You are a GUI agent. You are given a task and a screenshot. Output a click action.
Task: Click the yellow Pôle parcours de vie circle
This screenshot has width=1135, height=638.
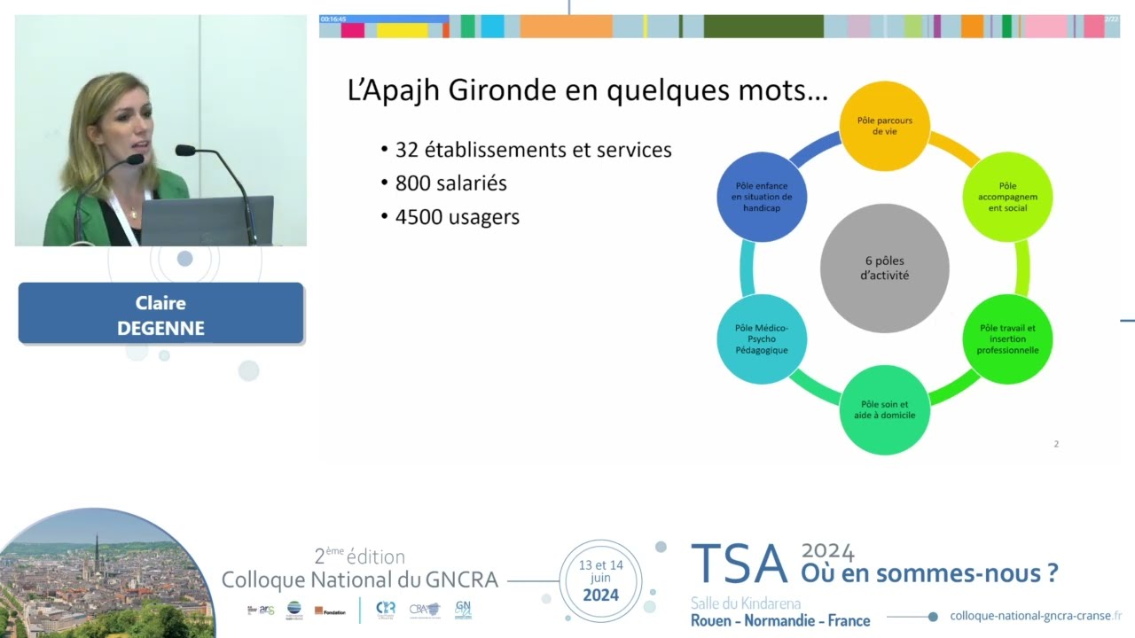coord(884,125)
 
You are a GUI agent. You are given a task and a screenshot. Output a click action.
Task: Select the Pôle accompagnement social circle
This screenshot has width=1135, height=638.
coord(1007,197)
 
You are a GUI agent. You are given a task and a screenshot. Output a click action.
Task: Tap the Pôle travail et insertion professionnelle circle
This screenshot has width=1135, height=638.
coord(1007,339)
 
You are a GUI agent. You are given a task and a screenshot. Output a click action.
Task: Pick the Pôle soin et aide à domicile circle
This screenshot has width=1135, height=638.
coord(884,410)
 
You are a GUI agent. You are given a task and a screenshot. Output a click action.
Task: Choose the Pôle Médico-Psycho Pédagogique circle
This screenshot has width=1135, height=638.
coord(762,339)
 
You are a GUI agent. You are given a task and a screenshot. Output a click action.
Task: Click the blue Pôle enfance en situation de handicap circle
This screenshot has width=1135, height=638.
coord(762,197)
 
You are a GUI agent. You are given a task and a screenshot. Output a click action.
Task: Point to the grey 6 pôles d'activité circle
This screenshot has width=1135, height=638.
coord(884,268)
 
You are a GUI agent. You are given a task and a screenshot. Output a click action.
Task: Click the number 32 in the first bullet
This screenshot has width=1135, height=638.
coord(407,150)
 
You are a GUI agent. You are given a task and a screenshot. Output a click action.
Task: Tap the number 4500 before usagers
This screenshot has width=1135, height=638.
coord(420,216)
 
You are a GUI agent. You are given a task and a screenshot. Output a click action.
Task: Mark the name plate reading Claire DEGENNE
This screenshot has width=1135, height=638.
coord(160,314)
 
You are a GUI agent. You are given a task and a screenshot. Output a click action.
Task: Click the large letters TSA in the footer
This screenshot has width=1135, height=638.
coord(739,564)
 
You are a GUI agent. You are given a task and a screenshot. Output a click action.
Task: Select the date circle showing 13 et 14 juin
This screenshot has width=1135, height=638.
coord(600,580)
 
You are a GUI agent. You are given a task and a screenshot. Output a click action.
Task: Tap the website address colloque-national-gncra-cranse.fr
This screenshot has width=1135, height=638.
coord(1035,616)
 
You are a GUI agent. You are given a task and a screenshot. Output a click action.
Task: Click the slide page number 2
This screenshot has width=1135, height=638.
coord(1056,444)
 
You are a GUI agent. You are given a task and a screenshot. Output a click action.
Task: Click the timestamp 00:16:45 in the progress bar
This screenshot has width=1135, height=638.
coord(334,19)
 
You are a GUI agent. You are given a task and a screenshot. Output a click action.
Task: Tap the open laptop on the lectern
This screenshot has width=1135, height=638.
coord(207,221)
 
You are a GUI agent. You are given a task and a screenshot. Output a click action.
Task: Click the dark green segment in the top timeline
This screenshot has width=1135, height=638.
coord(763,27)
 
